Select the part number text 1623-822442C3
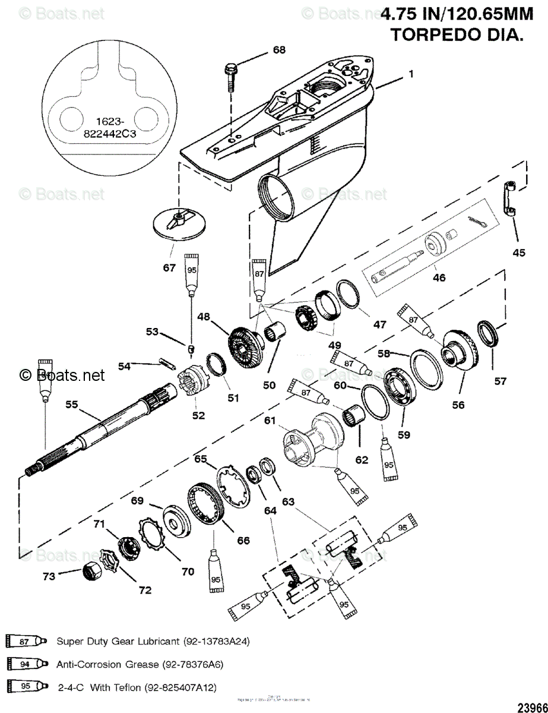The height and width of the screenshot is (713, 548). pos(110,128)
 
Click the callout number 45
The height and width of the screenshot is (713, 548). pos(519,253)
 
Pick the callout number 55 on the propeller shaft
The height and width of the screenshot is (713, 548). pos(72,405)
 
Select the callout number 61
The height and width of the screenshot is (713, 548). pos(270,421)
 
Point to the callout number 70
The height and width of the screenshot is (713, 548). pos(188,572)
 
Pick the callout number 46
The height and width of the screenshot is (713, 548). pos(439,277)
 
